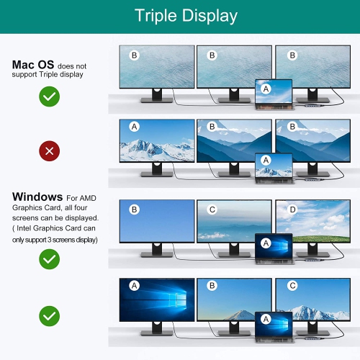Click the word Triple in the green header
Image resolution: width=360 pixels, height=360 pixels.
pyautogui.click(x=156, y=16)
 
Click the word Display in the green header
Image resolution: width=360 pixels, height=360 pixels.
pyautogui.click(x=210, y=16)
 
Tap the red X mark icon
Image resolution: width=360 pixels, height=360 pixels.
pyautogui.click(x=50, y=151)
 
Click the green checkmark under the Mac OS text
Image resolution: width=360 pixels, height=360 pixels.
pyautogui.click(x=50, y=96)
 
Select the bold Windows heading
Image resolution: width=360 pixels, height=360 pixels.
pyautogui.click(x=37, y=197)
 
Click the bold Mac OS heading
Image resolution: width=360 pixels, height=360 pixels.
pyautogui.click(x=33, y=65)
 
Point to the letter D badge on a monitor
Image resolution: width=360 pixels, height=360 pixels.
pyautogui.click(x=292, y=210)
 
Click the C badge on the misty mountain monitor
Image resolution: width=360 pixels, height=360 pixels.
pyautogui.click(x=212, y=210)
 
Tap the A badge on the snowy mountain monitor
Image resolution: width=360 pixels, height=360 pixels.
pyautogui.click(x=135, y=127)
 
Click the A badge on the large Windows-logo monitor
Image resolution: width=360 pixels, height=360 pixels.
pyautogui.click(x=135, y=286)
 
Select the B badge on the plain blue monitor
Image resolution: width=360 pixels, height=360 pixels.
pyautogui.click(x=135, y=210)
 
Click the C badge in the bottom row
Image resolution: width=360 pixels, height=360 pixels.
pyautogui.click(x=292, y=286)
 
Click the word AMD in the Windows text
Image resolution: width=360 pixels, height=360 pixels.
pyautogui.click(x=88, y=198)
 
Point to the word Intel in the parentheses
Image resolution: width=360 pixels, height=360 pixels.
pyautogui.click(x=24, y=228)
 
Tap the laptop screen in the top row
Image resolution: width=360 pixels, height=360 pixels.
pyautogui.click(x=274, y=91)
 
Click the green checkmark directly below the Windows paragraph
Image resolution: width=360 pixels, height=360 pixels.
pyautogui.click(x=50, y=259)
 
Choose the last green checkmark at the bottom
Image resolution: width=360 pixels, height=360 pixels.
pyautogui.click(x=50, y=316)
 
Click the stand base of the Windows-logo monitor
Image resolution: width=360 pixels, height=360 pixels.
pyautogui.click(x=157, y=333)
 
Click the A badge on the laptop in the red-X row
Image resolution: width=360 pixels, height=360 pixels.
pyautogui.click(x=266, y=160)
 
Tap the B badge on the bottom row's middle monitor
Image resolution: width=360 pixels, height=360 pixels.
pyautogui.click(x=212, y=286)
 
